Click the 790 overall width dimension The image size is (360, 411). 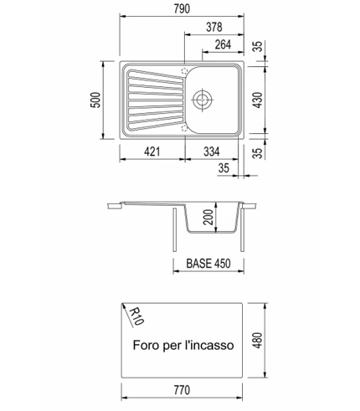pyautogui.click(x=182, y=9)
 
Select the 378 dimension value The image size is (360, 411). pyautogui.click(x=214, y=27)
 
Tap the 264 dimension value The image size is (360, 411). pyautogui.click(x=223, y=44)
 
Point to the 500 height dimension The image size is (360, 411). pyautogui.click(x=95, y=100)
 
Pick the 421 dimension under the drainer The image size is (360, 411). pyautogui.click(x=152, y=152)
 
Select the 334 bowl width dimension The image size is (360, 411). pyautogui.click(x=212, y=152)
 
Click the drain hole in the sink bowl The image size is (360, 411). pyautogui.click(x=202, y=99)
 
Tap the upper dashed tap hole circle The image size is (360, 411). pyautogui.click(x=184, y=71)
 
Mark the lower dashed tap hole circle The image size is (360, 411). pyautogui.click(x=184, y=128)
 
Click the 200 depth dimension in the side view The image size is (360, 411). pyautogui.click(x=208, y=217)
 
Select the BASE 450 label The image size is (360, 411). pyautogui.click(x=208, y=264)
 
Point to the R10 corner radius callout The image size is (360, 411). pyautogui.click(x=136, y=316)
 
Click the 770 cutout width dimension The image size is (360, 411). pyautogui.click(x=182, y=390)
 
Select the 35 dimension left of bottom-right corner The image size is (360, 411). pyautogui.click(x=224, y=168)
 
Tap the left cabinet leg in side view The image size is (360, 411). pyautogui.click(x=175, y=229)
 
